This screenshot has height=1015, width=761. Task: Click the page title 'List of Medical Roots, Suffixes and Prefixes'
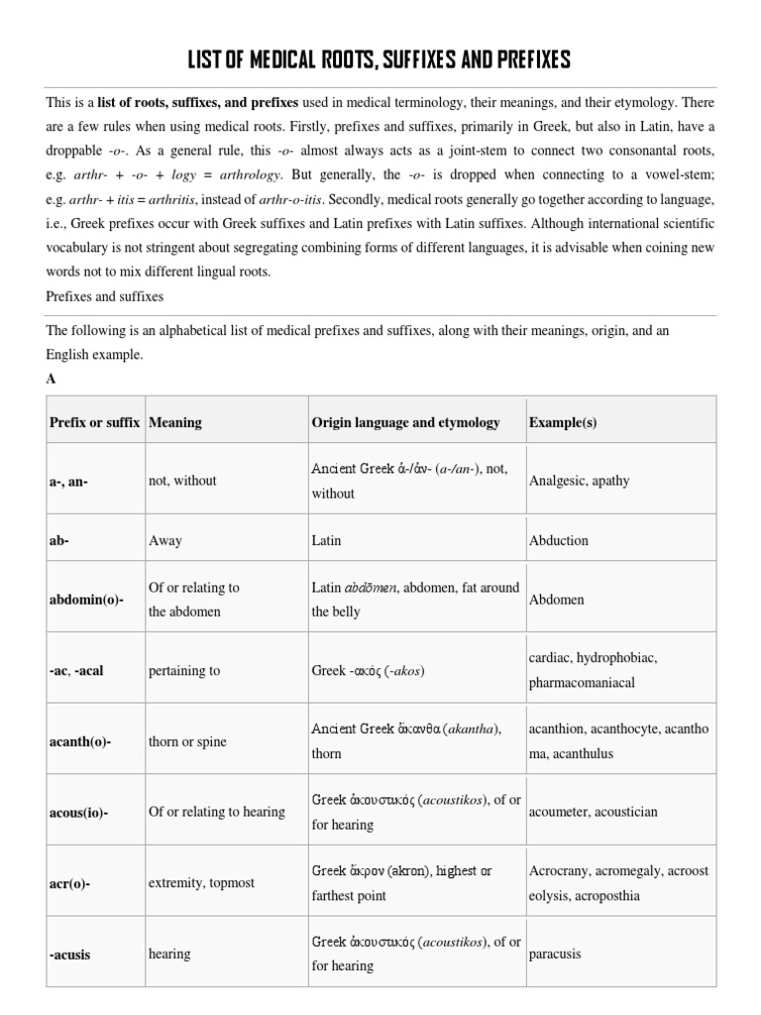(x=380, y=61)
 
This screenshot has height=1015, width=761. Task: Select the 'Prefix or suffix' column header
(x=94, y=422)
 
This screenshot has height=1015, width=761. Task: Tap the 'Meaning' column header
(x=174, y=422)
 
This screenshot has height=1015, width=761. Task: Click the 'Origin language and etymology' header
(x=405, y=422)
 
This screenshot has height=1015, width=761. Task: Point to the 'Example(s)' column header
(x=563, y=422)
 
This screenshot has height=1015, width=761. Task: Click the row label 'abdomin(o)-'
(x=86, y=600)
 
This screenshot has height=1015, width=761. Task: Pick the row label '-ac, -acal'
(x=76, y=670)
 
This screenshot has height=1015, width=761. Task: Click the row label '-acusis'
(x=71, y=954)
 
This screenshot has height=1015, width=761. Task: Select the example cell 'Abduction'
(x=559, y=540)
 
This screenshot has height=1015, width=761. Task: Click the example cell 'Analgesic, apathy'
(x=579, y=481)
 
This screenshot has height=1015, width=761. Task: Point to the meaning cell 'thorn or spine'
(x=189, y=741)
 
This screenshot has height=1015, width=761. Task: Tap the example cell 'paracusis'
(x=555, y=954)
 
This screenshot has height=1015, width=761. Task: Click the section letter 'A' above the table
(x=51, y=378)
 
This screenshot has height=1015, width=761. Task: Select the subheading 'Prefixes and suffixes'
(x=104, y=295)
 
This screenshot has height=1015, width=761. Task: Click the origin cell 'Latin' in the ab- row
(x=326, y=540)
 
